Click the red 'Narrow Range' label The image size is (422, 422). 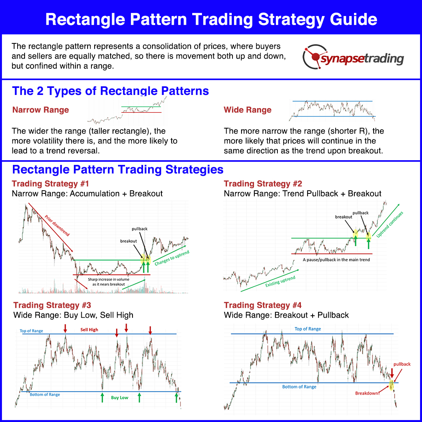[x=41, y=110]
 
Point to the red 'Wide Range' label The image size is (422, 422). [x=248, y=110]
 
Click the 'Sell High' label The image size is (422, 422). [x=89, y=330]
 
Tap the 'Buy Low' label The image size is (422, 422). [x=119, y=397]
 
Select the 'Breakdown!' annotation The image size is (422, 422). [x=367, y=393]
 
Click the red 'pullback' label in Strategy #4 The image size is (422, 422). [x=402, y=364]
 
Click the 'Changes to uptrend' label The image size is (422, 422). [x=172, y=259]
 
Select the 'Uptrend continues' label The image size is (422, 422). [x=390, y=224]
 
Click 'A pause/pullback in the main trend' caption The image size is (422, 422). [x=336, y=259]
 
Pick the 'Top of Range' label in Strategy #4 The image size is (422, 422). [x=308, y=329]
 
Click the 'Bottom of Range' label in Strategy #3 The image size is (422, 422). [x=45, y=395]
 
